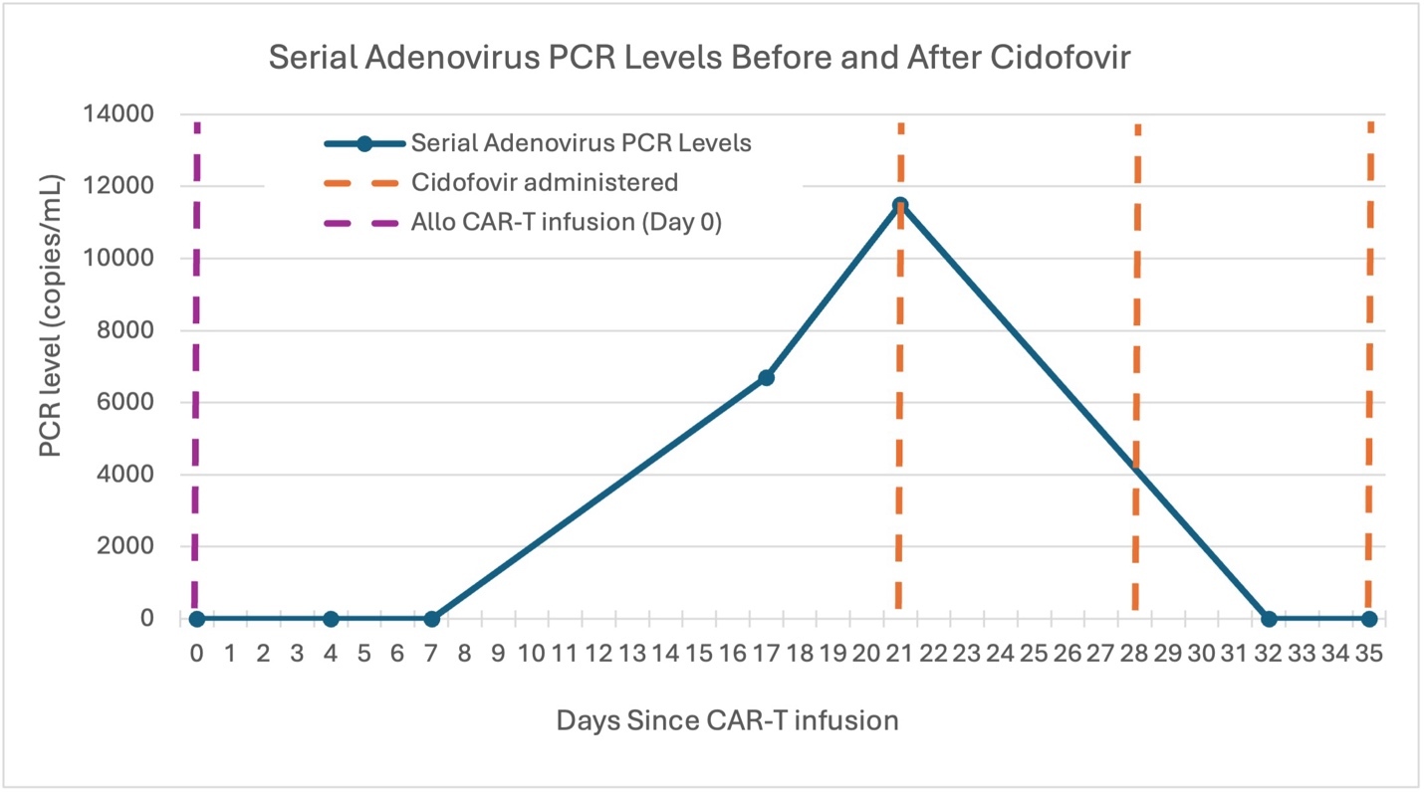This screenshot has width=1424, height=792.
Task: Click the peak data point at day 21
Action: (x=900, y=206)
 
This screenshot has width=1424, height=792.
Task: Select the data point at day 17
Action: (x=766, y=378)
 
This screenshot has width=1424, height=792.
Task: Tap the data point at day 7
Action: (x=431, y=619)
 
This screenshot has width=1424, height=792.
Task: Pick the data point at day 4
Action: (x=331, y=619)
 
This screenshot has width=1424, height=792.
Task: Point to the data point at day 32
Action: (x=1269, y=619)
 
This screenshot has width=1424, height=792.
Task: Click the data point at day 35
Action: (x=1369, y=619)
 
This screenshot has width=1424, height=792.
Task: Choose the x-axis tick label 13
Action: (x=631, y=654)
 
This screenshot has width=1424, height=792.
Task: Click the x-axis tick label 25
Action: (x=1034, y=654)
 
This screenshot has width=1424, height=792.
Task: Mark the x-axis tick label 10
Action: (x=531, y=654)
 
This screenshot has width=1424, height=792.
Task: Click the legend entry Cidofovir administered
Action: (x=544, y=183)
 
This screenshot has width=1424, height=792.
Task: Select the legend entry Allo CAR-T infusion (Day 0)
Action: (x=566, y=223)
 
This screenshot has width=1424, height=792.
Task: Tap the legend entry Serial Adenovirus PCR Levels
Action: (x=581, y=143)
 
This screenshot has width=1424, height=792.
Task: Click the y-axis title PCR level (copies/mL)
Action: (x=50, y=317)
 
